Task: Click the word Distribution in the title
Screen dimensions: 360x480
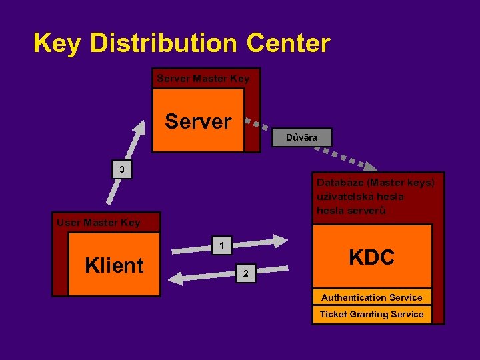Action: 164,43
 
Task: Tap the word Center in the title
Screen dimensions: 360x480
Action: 287,43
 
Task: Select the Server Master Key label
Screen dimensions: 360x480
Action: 203,79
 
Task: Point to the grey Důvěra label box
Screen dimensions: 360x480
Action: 301,137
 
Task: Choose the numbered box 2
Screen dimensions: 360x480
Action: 245,273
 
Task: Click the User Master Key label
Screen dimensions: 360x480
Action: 98,223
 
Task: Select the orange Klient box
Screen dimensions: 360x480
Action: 114,265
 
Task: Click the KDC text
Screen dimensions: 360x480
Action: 371,257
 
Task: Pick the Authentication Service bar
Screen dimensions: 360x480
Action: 371,297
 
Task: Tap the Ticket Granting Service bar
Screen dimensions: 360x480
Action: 371,314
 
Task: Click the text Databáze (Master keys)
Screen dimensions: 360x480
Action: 375,182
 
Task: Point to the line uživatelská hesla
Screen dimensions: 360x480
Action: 360,196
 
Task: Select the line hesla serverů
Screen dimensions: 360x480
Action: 351,211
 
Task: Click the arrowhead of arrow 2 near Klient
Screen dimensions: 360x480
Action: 173,278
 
